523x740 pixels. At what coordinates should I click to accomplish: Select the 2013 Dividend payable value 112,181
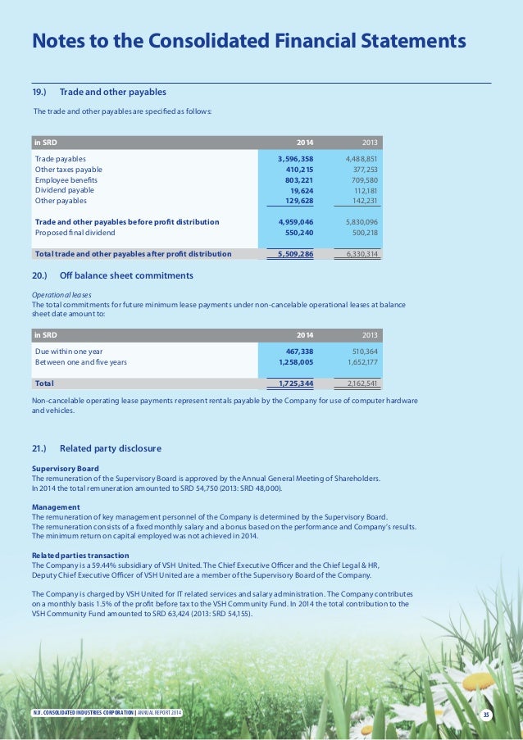pyautogui.click(x=361, y=190)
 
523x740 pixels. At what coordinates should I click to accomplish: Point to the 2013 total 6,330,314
pyautogui.click(x=358, y=254)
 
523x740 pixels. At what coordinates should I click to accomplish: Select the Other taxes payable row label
pyautogui.click(x=68, y=169)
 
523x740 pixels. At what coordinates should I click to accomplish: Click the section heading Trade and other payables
pyautogui.click(x=113, y=91)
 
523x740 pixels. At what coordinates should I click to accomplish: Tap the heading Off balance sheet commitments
pyautogui.click(x=126, y=275)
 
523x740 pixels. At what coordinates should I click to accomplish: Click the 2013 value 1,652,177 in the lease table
pyautogui.click(x=358, y=361)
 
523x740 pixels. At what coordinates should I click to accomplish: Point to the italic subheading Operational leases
pyautogui.click(x=61, y=294)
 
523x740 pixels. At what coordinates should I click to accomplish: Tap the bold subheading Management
pyautogui.click(x=55, y=507)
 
